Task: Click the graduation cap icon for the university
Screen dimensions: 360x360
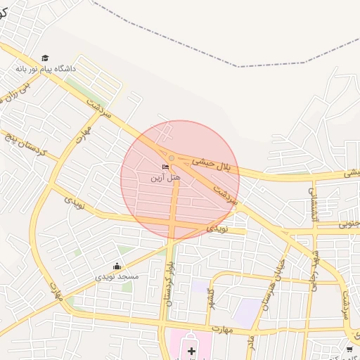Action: point(46,58)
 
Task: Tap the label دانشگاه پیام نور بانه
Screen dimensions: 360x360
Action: point(46,70)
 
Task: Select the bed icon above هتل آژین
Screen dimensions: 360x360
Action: point(165,167)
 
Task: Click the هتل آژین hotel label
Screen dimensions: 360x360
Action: point(165,178)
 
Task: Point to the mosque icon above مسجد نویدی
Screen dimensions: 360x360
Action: point(117,266)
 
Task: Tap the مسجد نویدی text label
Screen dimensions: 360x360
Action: point(117,277)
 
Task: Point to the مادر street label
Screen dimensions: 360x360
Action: point(250,342)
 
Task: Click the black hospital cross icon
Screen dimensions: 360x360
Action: point(191,349)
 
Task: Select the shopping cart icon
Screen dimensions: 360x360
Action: point(349,349)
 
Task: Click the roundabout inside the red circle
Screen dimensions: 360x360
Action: point(172,157)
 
